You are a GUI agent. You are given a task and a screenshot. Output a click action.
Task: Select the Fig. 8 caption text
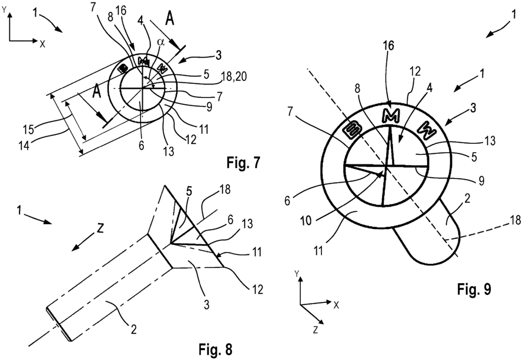pyautogui.click(x=216, y=351)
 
